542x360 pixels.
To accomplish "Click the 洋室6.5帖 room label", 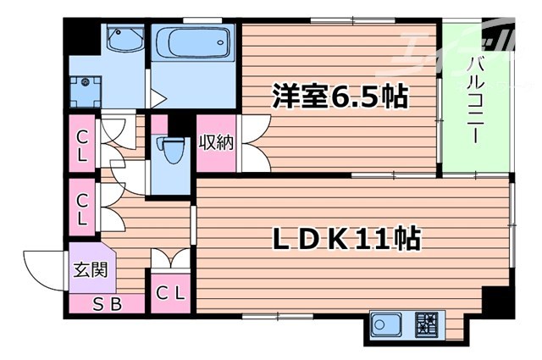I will point(340,96).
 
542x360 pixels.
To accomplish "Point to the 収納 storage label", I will point(216,141).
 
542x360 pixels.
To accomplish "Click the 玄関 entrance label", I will point(84,273).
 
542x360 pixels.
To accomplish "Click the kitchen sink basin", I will point(390,324).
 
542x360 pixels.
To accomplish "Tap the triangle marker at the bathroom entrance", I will point(157,97).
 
